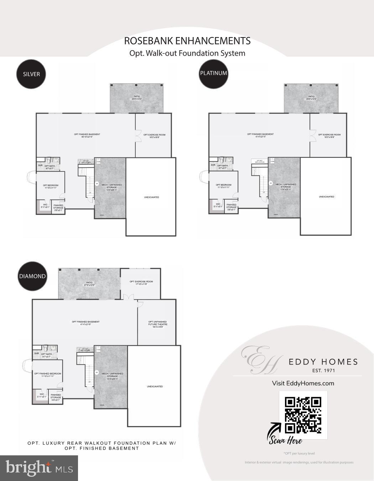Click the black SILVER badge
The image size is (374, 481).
click(32, 74)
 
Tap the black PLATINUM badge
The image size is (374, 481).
click(213, 73)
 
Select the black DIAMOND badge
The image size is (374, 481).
click(32, 276)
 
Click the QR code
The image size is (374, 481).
click(303, 415)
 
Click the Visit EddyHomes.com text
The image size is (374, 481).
click(303, 383)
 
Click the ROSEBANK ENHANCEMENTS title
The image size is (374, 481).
click(187, 41)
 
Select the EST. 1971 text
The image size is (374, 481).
click(323, 371)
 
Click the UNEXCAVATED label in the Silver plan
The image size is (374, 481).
click(151, 197)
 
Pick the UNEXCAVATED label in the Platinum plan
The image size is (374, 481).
click(326, 197)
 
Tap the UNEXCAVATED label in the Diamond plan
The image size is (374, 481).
click(155, 386)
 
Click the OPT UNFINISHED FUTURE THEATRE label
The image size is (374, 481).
click(157, 324)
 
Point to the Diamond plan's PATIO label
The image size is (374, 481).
click(89, 284)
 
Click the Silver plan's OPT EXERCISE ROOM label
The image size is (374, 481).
click(154, 136)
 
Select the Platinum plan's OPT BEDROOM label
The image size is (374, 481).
click(223, 186)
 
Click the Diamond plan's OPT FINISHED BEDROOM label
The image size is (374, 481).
click(47, 375)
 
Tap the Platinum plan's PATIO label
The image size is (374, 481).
click(311, 98)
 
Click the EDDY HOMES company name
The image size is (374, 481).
click(323, 362)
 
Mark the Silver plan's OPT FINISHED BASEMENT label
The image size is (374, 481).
click(87, 135)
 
